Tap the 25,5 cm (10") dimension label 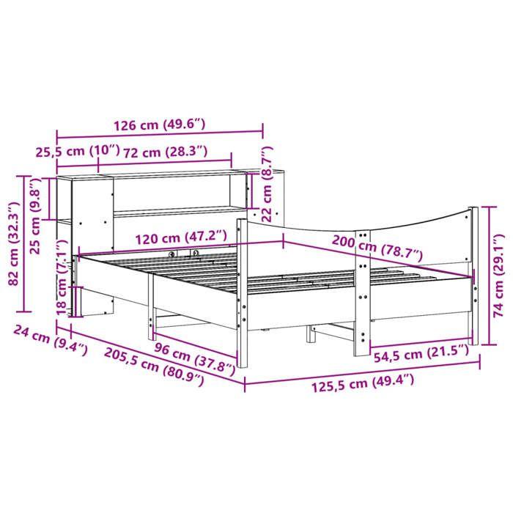tap(77, 152)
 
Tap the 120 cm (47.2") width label tap(180, 237)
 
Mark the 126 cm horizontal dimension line tap(160, 135)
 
